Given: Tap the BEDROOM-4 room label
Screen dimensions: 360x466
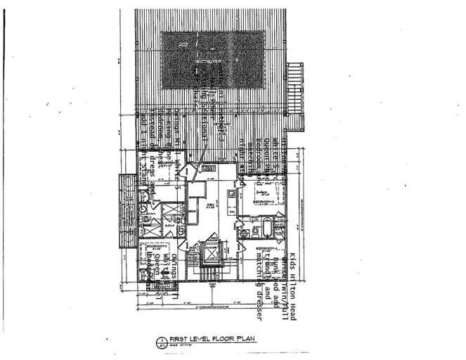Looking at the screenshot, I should [x=266, y=250].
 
